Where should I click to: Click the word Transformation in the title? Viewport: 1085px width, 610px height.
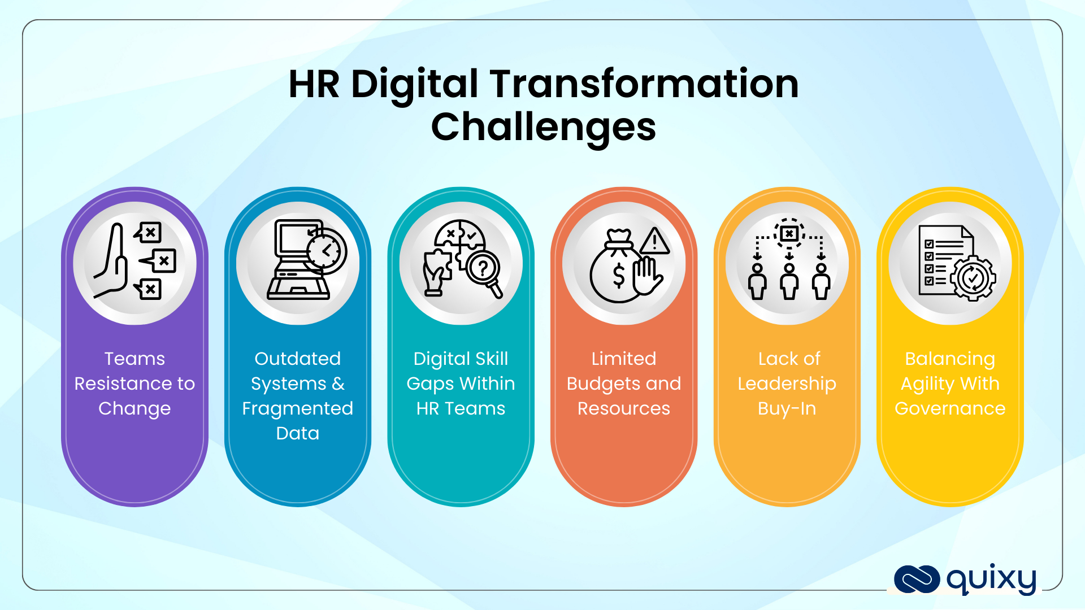pyautogui.click(x=644, y=84)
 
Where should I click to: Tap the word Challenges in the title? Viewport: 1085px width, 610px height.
pyautogui.click(x=543, y=127)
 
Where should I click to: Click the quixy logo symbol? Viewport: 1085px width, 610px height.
pyautogui.click(x=917, y=579)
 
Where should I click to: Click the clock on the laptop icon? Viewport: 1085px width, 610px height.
pyautogui.click(x=326, y=251)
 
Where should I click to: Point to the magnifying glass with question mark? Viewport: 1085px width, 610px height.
pyautogui.click(x=484, y=269)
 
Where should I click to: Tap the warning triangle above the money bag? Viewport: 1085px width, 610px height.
pyautogui.click(x=654, y=241)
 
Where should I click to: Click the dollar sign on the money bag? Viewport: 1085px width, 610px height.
pyautogui.click(x=619, y=276)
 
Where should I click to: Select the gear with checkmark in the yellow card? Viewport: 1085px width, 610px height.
pyautogui.click(x=973, y=277)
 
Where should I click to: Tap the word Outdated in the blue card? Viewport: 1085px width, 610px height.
pyautogui.click(x=297, y=359)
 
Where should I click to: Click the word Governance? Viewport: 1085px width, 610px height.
pyautogui.click(x=950, y=408)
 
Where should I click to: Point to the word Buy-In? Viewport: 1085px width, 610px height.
pyautogui.click(x=787, y=408)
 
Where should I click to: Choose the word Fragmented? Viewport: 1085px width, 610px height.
pyautogui.click(x=297, y=408)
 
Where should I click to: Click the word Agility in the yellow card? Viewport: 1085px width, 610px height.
pyautogui.click(x=927, y=384)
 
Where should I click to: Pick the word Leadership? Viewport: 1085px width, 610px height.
pyautogui.click(x=787, y=384)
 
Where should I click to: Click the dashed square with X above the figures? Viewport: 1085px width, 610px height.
pyautogui.click(x=789, y=233)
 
